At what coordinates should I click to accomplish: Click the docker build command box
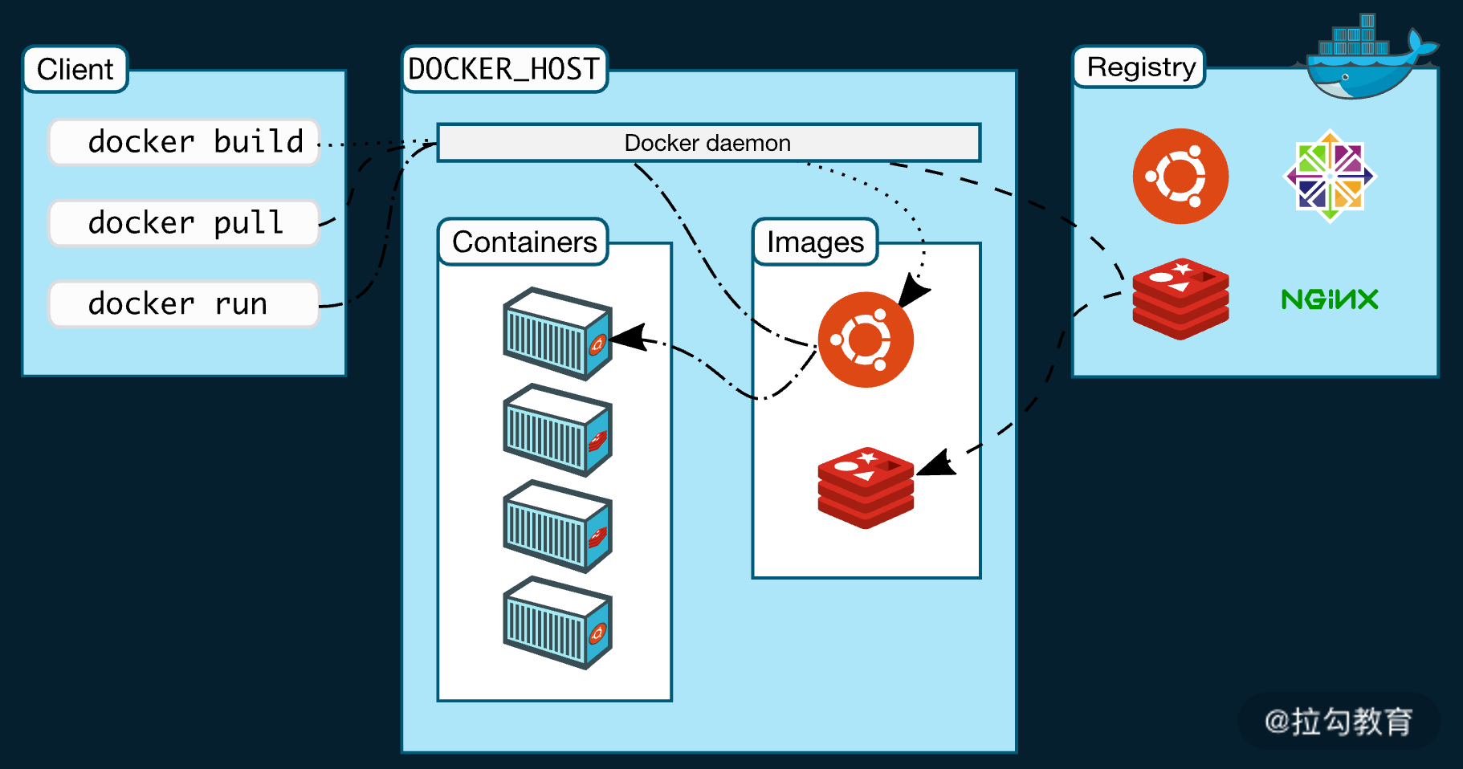click(x=184, y=142)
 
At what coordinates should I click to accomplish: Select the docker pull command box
click(x=184, y=222)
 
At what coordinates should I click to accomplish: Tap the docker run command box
click(x=184, y=303)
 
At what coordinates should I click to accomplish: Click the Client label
click(x=75, y=69)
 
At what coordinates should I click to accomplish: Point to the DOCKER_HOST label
click(x=504, y=69)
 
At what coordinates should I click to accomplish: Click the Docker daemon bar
click(x=708, y=143)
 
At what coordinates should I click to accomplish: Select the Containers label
click(x=524, y=242)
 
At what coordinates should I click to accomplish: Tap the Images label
click(x=815, y=242)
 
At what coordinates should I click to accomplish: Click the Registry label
click(x=1140, y=67)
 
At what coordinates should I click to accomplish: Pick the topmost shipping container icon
click(x=557, y=333)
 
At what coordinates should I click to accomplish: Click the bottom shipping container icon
click(x=557, y=622)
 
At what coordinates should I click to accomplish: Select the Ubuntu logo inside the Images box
click(x=866, y=340)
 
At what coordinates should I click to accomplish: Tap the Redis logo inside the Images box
click(x=866, y=488)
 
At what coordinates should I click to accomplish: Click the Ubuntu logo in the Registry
click(x=1180, y=176)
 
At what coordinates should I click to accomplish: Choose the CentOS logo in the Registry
click(x=1330, y=176)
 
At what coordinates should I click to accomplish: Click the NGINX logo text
click(x=1330, y=299)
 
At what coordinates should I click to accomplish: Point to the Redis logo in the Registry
click(x=1180, y=299)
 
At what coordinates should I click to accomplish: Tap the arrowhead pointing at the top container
click(x=628, y=338)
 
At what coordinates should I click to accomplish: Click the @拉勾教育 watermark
click(x=1339, y=722)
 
